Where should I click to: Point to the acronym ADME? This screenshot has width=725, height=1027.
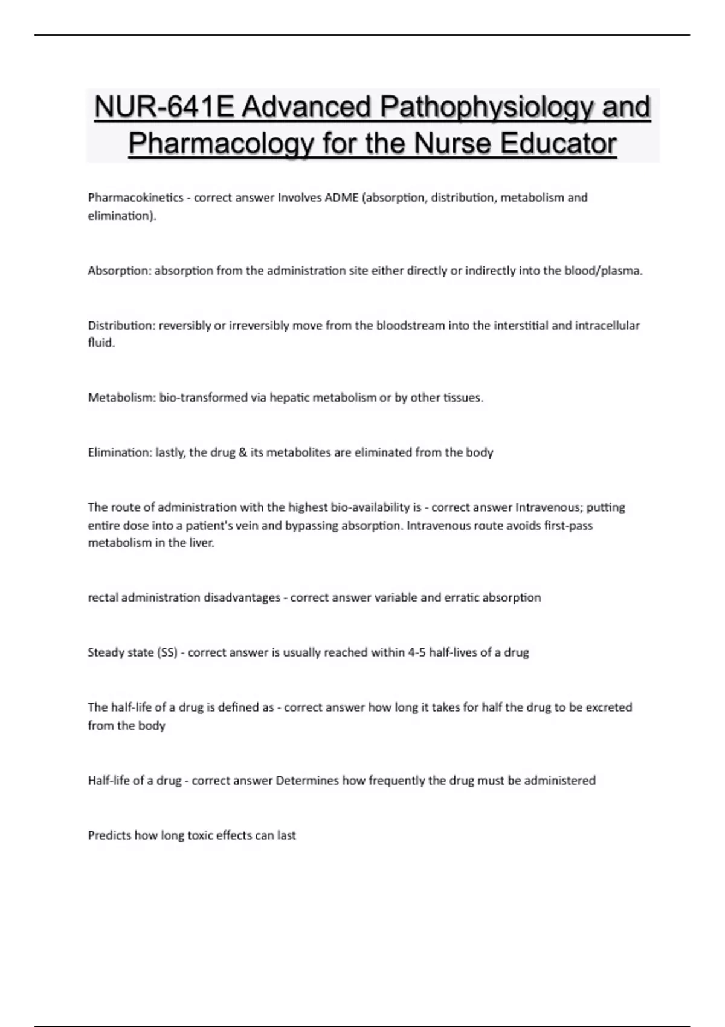[342, 198]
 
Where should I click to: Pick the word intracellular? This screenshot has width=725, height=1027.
[607, 326]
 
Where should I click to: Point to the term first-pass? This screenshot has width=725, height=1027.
[568, 526]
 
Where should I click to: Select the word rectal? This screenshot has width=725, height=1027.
[103, 597]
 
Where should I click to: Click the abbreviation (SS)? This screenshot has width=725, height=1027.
[167, 652]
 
